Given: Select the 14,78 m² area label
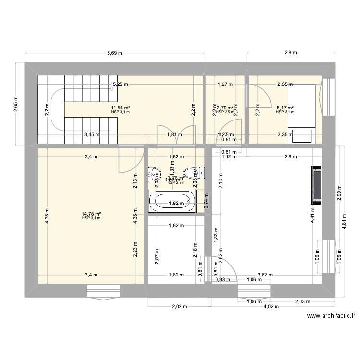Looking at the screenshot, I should tap(91, 214).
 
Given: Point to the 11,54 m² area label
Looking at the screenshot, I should tap(121, 108).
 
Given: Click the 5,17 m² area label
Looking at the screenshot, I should tap(285, 108).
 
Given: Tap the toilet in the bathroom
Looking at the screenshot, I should tap(191, 173).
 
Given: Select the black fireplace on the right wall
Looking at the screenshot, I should tap(315, 185).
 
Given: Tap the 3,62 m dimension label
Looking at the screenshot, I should tap(264, 275).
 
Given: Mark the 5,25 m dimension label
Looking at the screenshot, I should tap(120, 84).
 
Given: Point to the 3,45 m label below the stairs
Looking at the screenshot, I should tap(92, 135).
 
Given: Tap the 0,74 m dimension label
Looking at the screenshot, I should tap(207, 199).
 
